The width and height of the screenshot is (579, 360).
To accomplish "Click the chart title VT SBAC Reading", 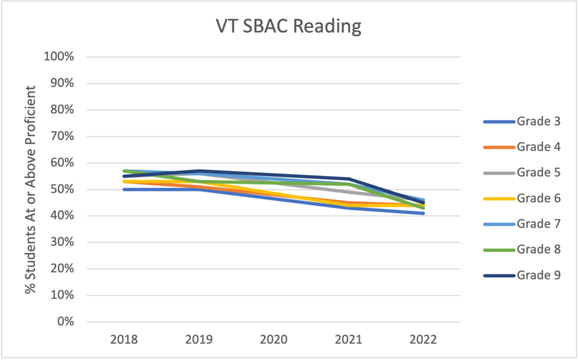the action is [x=288, y=27].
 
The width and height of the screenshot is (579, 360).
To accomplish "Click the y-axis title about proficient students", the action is [x=31, y=189].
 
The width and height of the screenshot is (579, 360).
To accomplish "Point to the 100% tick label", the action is [x=59, y=57].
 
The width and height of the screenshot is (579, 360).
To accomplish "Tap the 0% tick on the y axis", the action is [x=66, y=321].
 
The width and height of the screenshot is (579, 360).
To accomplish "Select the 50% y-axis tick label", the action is [x=62, y=189].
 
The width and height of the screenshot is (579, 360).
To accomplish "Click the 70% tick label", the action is [x=62, y=136].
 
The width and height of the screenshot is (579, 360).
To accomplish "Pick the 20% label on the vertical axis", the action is [x=62, y=268].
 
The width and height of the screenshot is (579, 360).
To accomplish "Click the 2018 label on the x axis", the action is [x=124, y=339].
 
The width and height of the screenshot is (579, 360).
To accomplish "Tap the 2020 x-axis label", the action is [x=274, y=339].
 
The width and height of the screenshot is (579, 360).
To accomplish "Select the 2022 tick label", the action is [x=423, y=339].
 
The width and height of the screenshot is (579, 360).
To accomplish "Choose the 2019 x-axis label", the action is [x=199, y=339].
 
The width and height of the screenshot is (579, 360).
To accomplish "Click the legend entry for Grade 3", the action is [x=522, y=121].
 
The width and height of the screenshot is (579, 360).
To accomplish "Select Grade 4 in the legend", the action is [x=522, y=147].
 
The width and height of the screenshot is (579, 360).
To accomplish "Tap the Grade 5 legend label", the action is [x=522, y=172].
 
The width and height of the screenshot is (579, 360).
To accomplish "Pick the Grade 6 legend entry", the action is [x=522, y=198].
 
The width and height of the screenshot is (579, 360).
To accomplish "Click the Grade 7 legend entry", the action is [x=522, y=224].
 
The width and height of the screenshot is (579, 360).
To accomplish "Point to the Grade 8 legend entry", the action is [x=522, y=250].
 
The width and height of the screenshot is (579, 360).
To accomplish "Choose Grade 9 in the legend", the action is [x=522, y=275].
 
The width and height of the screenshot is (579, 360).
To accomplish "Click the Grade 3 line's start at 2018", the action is [x=124, y=189].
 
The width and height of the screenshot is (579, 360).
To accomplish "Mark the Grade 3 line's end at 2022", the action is [x=423, y=214].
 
